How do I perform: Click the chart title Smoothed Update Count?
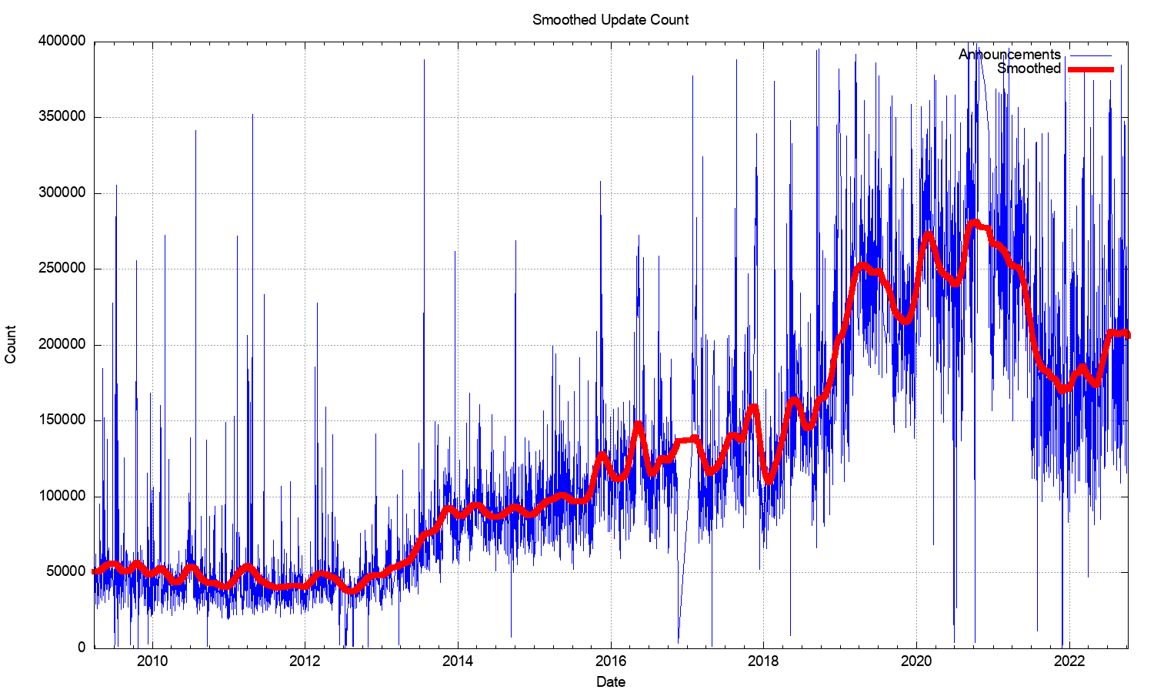tap(610, 20)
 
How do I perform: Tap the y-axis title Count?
tap(11, 344)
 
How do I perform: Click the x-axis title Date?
tap(611, 681)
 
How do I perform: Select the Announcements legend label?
tap(1009, 55)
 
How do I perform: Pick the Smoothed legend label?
tap(1029, 69)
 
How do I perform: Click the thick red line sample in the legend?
tap(1091, 69)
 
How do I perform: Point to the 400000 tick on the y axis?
tap(62, 42)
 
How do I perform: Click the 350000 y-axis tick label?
tap(62, 117)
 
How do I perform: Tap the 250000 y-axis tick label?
tap(62, 269)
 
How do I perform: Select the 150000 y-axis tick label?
tap(62, 420)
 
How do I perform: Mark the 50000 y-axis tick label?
tap(66, 572)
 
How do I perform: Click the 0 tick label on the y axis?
tap(82, 648)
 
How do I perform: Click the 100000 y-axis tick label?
tap(62, 496)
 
